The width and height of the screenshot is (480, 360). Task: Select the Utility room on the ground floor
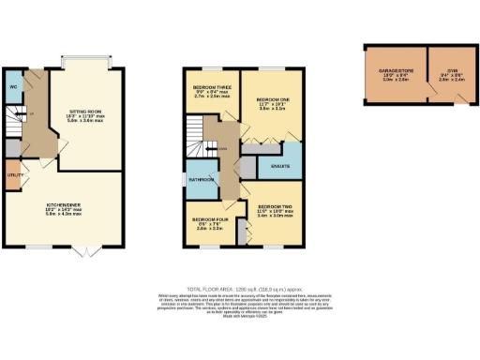pos(12,175)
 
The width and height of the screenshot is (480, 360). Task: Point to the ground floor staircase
pos(18,121)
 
